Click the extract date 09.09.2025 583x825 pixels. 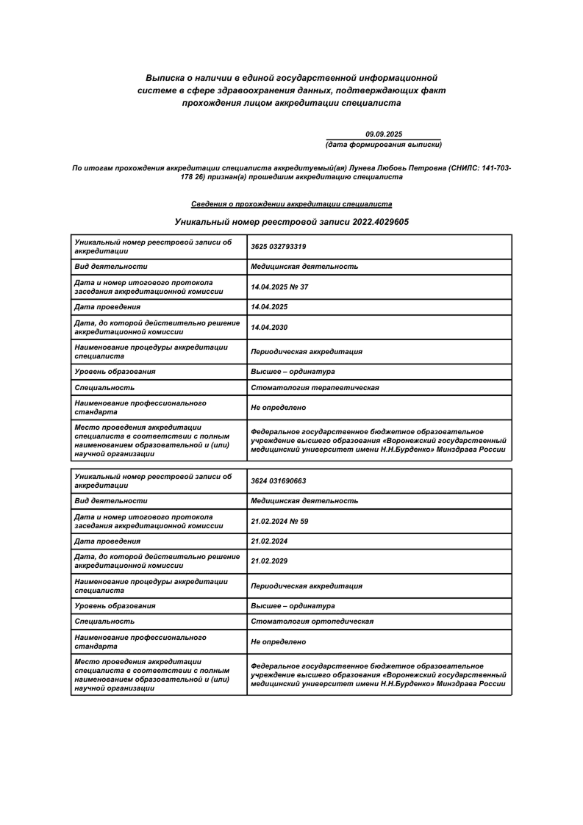click(x=384, y=134)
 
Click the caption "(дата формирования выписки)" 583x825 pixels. click(x=384, y=144)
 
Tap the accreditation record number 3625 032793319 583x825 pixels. click(x=278, y=247)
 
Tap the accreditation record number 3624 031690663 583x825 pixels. click(x=278, y=481)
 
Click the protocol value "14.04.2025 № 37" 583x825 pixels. click(x=279, y=287)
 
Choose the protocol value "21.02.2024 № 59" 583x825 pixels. click(x=279, y=521)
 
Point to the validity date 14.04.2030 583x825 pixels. click(x=269, y=327)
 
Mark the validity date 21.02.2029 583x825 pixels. click(x=269, y=561)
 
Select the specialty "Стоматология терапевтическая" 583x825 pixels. click(x=315, y=387)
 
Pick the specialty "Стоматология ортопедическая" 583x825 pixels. click(x=312, y=622)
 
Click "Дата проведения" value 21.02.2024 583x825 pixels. click(x=269, y=541)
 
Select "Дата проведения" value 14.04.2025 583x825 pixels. click(x=269, y=307)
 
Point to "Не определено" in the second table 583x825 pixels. click(x=278, y=642)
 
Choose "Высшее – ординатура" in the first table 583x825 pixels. click(x=293, y=372)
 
